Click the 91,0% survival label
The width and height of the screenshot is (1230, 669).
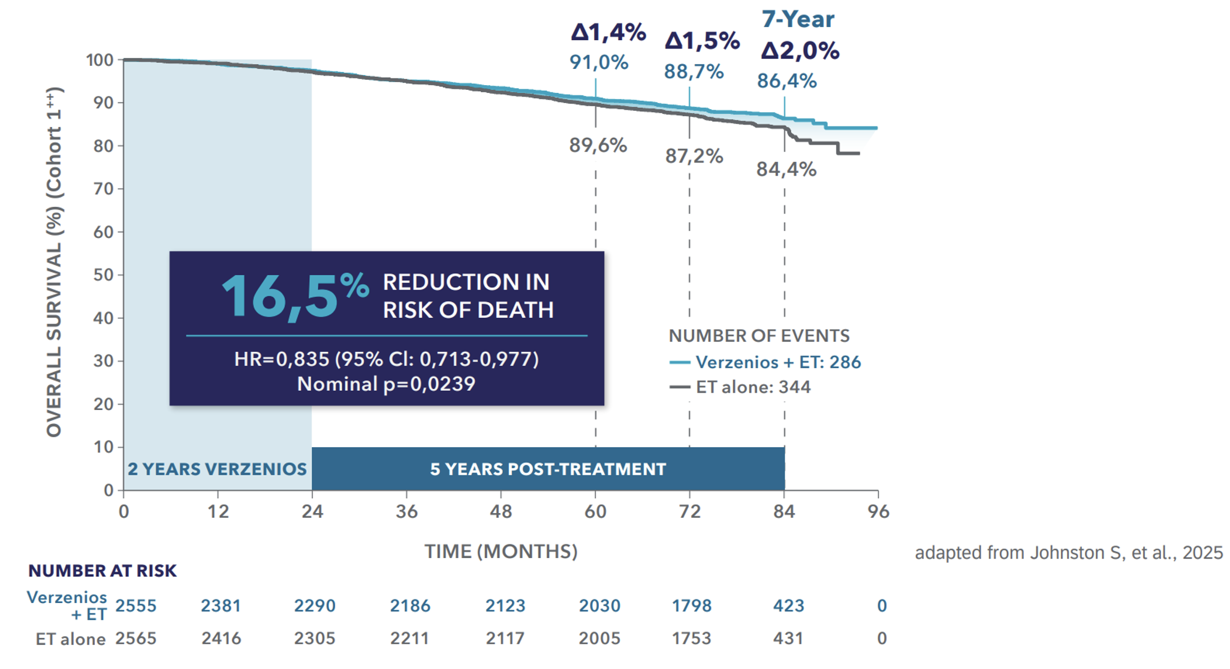click(x=599, y=62)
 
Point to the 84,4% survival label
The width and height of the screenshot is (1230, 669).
click(x=786, y=170)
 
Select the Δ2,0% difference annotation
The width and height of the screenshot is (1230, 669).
click(x=800, y=51)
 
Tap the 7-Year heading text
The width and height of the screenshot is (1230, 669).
click(x=798, y=20)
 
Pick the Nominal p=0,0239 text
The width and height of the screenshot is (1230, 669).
click(x=386, y=384)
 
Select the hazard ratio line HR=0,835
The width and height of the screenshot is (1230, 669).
click(x=386, y=359)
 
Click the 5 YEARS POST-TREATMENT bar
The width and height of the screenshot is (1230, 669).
click(x=548, y=469)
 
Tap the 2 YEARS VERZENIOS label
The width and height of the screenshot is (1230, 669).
click(x=217, y=469)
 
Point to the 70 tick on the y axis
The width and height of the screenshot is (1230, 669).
click(x=104, y=189)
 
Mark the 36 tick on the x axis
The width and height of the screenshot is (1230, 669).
click(x=407, y=511)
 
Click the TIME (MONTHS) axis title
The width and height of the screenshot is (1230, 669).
click(x=501, y=552)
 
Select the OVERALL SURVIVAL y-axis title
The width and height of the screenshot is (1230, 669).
click(x=54, y=262)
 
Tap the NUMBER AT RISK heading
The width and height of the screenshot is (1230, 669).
click(x=103, y=571)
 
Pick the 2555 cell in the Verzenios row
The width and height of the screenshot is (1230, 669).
click(x=136, y=605)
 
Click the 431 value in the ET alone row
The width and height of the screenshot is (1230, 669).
click(x=788, y=638)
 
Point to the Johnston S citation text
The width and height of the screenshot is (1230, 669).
click(x=1068, y=553)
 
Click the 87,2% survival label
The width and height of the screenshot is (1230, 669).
click(x=694, y=156)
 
